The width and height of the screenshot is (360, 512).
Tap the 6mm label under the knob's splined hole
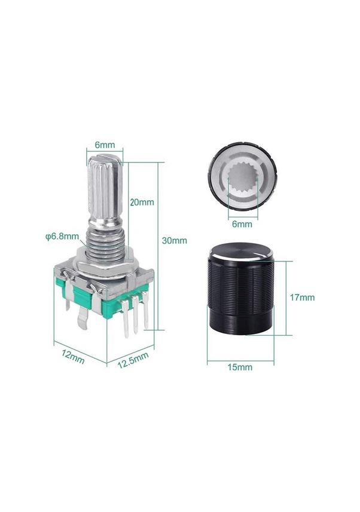tap(242, 224)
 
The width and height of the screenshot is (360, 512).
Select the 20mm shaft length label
tap(142, 202)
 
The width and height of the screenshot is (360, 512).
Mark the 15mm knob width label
tap(240, 367)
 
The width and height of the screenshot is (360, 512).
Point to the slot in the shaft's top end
tap(105, 160)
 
